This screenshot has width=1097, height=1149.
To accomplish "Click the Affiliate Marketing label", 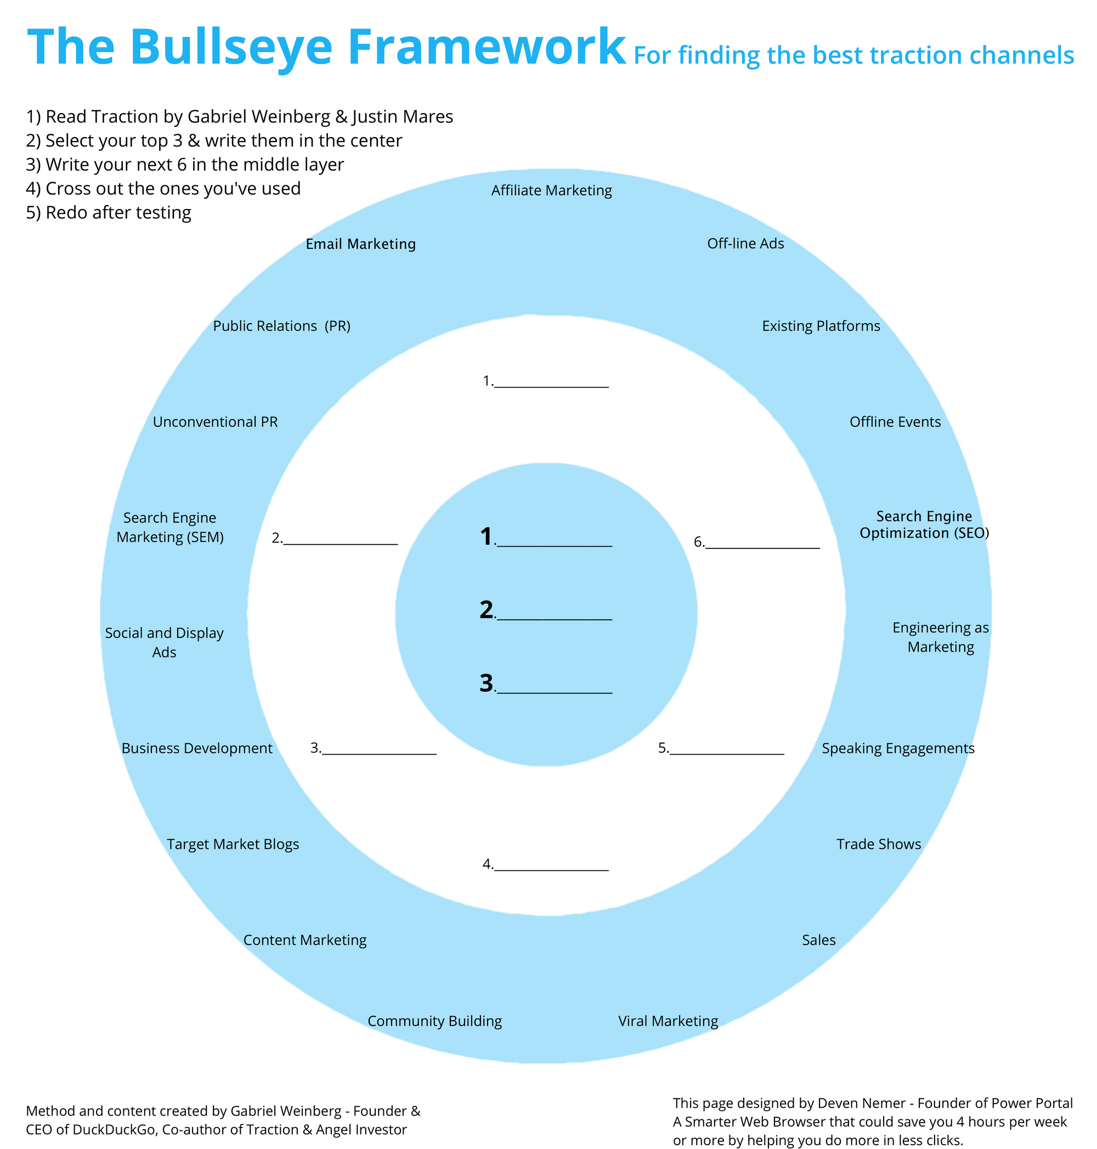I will pyautogui.click(x=551, y=191).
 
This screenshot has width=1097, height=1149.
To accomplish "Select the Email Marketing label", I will pyautogui.click(x=361, y=244).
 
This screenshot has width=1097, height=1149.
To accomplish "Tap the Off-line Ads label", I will pyautogui.click(x=745, y=244).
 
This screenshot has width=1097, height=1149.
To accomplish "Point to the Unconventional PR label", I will pyautogui.click(x=215, y=422).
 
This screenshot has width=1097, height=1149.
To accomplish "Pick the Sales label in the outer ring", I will pyautogui.click(x=819, y=939).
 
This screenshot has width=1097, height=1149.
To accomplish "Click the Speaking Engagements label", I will pyautogui.click(x=898, y=748).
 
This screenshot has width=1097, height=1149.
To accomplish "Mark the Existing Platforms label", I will pyautogui.click(x=821, y=326).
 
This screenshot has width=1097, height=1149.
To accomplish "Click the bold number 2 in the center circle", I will pyautogui.click(x=487, y=610).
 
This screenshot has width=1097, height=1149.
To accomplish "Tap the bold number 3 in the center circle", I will pyautogui.click(x=487, y=683).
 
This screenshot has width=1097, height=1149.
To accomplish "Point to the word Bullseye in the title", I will pyautogui.click(x=231, y=47).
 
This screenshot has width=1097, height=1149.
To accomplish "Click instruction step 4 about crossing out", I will pyautogui.click(x=163, y=188).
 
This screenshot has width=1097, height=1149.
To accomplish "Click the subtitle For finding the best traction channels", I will pyautogui.click(x=854, y=55).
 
